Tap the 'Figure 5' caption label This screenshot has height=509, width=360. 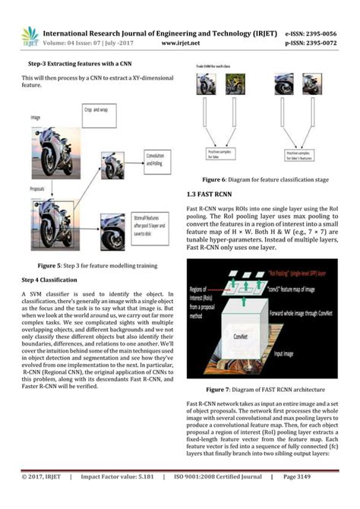54,265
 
